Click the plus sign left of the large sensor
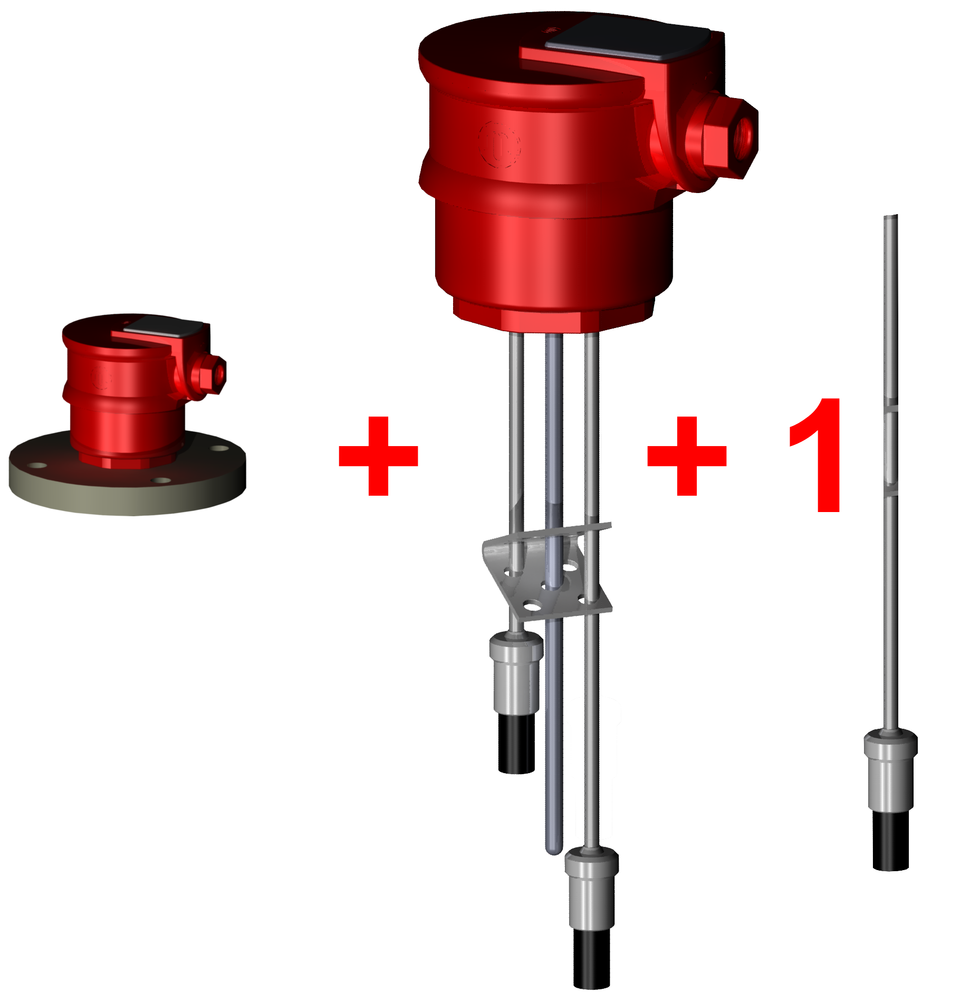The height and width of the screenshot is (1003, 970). pyautogui.click(x=378, y=456)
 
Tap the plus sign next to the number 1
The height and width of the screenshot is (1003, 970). pyautogui.click(x=687, y=456)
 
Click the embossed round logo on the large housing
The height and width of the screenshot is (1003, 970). pyautogui.click(x=499, y=144)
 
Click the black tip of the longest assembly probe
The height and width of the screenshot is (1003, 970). pyautogui.click(x=592, y=958)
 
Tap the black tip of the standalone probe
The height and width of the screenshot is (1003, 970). pyautogui.click(x=890, y=841)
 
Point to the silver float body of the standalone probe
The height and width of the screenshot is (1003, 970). pyautogui.click(x=890, y=770)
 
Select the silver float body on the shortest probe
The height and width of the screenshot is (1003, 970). pyautogui.click(x=516, y=672)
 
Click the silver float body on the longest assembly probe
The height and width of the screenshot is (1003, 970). pyautogui.click(x=592, y=888)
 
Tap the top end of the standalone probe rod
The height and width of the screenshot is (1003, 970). pyautogui.click(x=890, y=217)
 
